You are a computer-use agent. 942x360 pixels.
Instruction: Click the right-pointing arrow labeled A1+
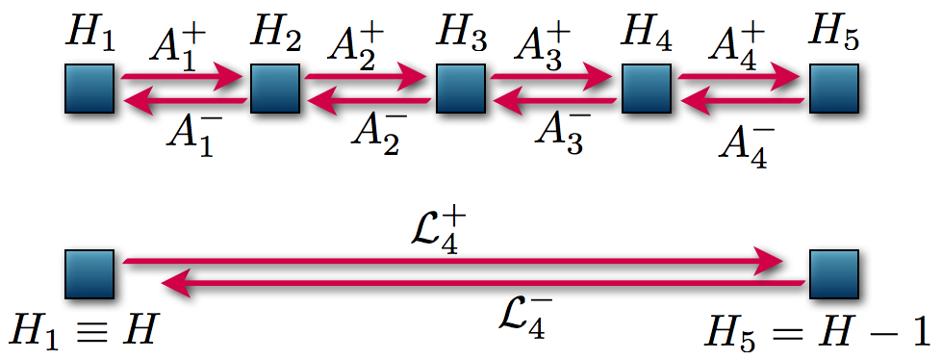182,74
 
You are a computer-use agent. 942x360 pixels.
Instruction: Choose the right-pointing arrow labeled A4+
739,74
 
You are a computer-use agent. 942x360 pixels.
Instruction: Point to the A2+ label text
357,44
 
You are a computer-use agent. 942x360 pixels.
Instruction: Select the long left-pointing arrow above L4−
481,283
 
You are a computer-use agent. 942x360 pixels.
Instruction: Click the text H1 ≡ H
84,332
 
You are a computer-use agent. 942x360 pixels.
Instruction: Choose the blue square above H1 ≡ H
89,273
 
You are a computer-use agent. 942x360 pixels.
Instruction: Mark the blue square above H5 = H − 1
833,273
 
